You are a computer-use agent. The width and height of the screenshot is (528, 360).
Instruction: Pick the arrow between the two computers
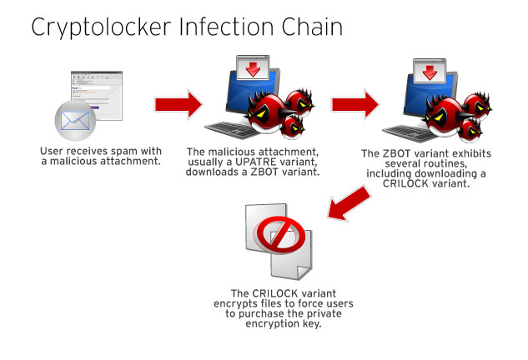pos(357,104)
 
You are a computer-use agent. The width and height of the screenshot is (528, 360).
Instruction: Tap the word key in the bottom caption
pos(310,323)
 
